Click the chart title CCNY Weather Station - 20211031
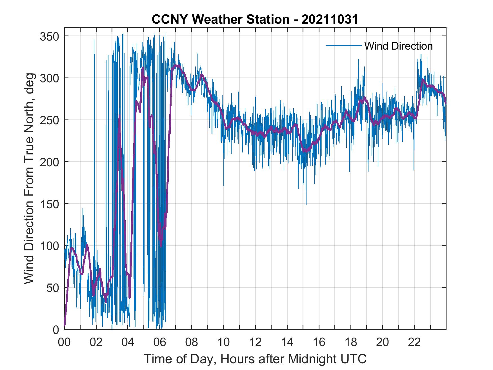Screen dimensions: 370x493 pos(255,19)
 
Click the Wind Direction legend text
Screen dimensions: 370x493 pos(398,46)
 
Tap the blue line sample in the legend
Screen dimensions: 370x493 pos(344,46)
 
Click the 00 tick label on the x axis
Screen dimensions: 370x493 pos(64,342)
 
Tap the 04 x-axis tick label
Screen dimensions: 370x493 pos(128,342)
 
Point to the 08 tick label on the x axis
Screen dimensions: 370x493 pos(192,342)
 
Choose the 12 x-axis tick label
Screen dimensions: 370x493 pos(255,342)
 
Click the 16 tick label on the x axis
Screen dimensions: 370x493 pos(319,342)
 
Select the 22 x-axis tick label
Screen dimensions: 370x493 pos(414,342)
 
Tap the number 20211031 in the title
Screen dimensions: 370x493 pos(330,19)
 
